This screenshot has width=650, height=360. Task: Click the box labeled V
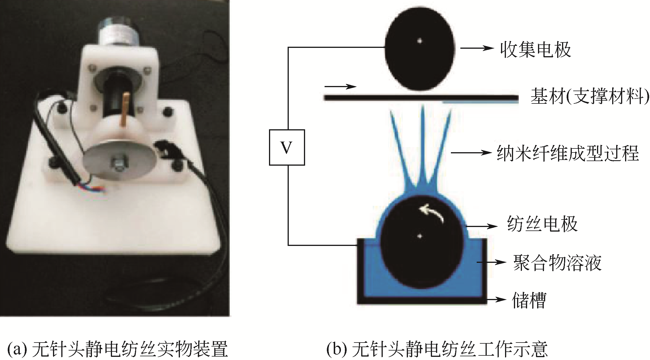287,148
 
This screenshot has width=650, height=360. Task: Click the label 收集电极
535,50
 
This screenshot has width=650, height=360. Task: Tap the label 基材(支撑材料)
590,96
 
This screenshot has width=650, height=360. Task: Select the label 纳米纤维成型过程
567,153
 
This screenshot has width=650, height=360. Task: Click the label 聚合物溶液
557,263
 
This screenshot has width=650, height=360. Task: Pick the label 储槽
529,300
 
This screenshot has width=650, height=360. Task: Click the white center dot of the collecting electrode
420,41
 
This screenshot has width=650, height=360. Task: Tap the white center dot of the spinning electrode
420,236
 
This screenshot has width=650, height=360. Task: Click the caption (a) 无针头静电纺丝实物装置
117,349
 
